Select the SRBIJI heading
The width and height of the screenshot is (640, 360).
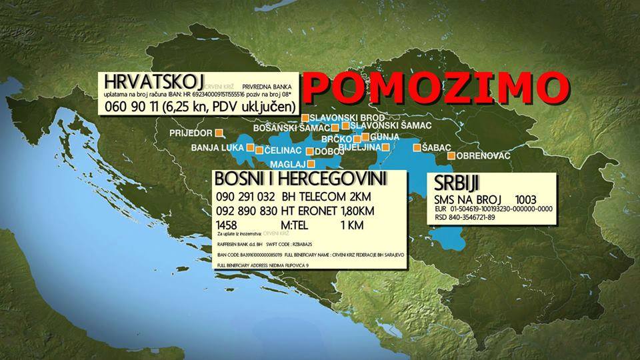click(457, 184)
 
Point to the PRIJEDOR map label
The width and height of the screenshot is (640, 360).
click(191, 133)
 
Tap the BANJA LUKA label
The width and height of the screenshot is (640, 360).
click(217, 147)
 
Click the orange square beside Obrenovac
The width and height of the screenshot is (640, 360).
click(451, 155)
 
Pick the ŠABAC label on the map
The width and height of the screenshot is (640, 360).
click(437, 147)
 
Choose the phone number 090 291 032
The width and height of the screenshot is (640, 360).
click(245, 197)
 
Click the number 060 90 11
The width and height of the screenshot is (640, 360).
click(133, 107)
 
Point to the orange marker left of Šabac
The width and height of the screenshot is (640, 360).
click(417, 147)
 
